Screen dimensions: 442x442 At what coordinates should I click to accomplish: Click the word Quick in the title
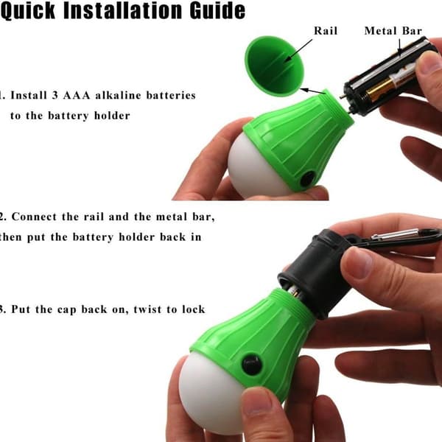coord(28,11)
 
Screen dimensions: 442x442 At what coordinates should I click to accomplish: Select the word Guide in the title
coord(217,10)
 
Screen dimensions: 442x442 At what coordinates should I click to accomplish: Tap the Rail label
coord(326,31)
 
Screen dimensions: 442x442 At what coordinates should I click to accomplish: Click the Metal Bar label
coord(393,31)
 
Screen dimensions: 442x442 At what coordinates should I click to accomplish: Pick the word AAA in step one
coord(77,95)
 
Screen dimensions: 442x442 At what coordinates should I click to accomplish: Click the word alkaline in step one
coord(118,95)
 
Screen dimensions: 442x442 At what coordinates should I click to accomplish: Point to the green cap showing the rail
coord(273,66)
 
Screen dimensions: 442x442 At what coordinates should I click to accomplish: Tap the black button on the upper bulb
coord(307,178)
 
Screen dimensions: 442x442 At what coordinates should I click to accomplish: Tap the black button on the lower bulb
coord(251,365)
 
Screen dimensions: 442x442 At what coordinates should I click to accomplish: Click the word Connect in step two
coord(34,217)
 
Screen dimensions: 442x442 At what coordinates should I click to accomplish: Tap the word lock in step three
coord(193,309)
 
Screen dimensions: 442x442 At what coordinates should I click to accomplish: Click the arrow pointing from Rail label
coord(298,50)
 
